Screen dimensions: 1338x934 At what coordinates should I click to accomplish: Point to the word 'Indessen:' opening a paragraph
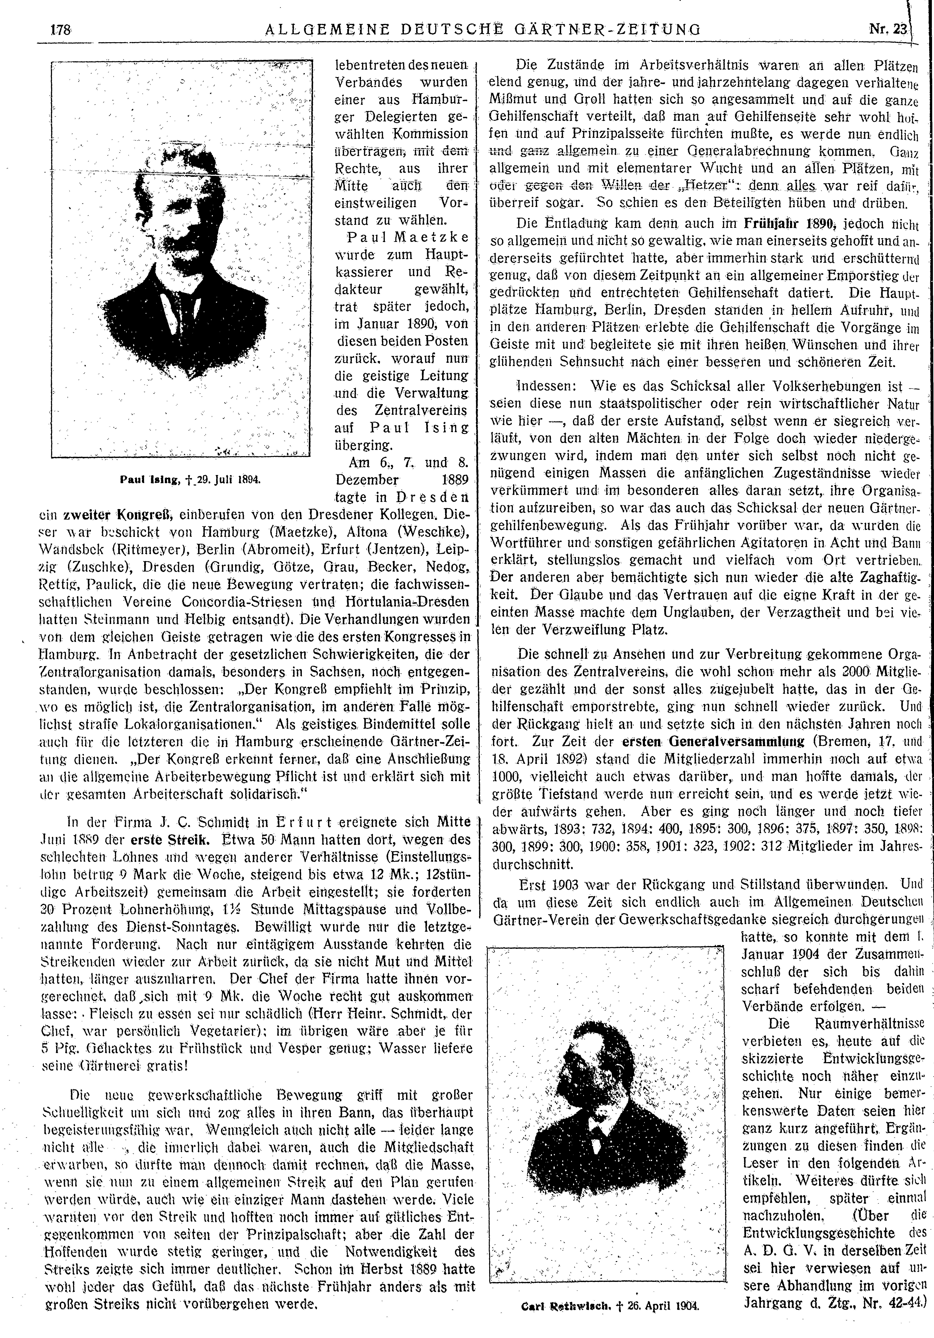(548, 386)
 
